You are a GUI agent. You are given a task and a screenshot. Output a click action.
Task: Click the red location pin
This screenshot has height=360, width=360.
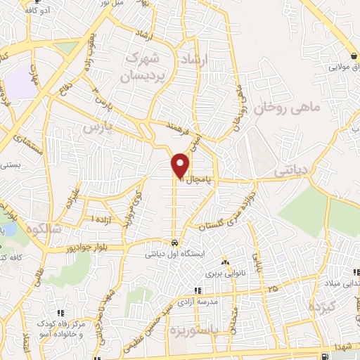[x=181, y=165]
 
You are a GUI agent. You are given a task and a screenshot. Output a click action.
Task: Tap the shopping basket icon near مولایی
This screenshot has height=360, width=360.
[x=351, y=56]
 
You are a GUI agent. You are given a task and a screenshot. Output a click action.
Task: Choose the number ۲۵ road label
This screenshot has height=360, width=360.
[x=271, y=289]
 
